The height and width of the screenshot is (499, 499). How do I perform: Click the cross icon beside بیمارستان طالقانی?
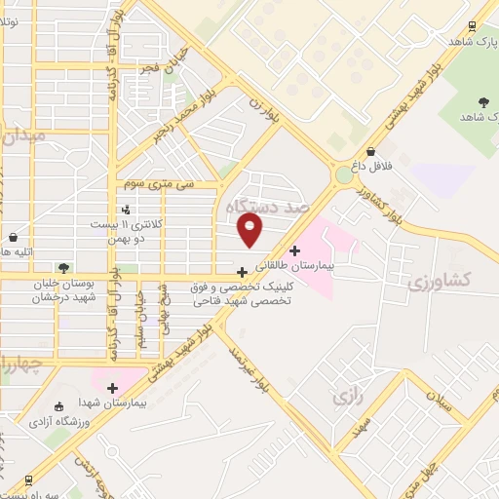click(295, 249)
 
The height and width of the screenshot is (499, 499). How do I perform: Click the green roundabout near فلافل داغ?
click(344, 175)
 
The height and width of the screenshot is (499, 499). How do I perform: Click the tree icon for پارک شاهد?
click(483, 101)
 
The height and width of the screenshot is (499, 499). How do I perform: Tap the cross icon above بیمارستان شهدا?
click(112, 387)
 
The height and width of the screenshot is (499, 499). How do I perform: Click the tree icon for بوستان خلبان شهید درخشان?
click(62, 267)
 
